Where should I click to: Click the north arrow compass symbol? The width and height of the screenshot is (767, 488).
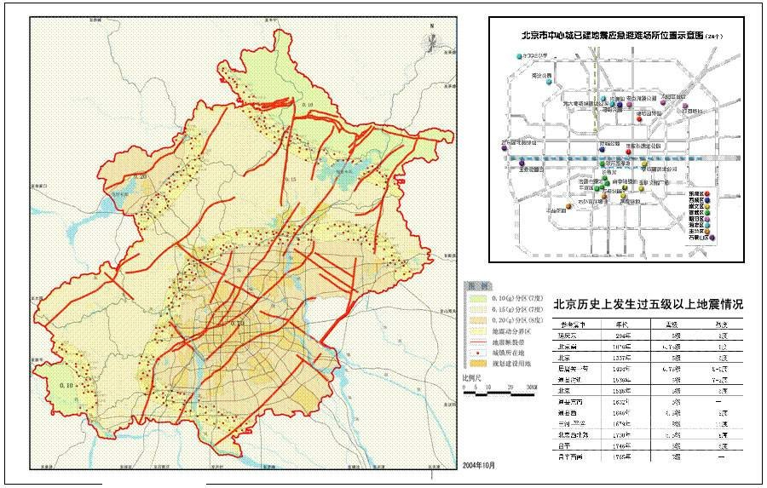(x=432, y=38)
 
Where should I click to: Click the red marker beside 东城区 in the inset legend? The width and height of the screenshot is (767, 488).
(x=706, y=194)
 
